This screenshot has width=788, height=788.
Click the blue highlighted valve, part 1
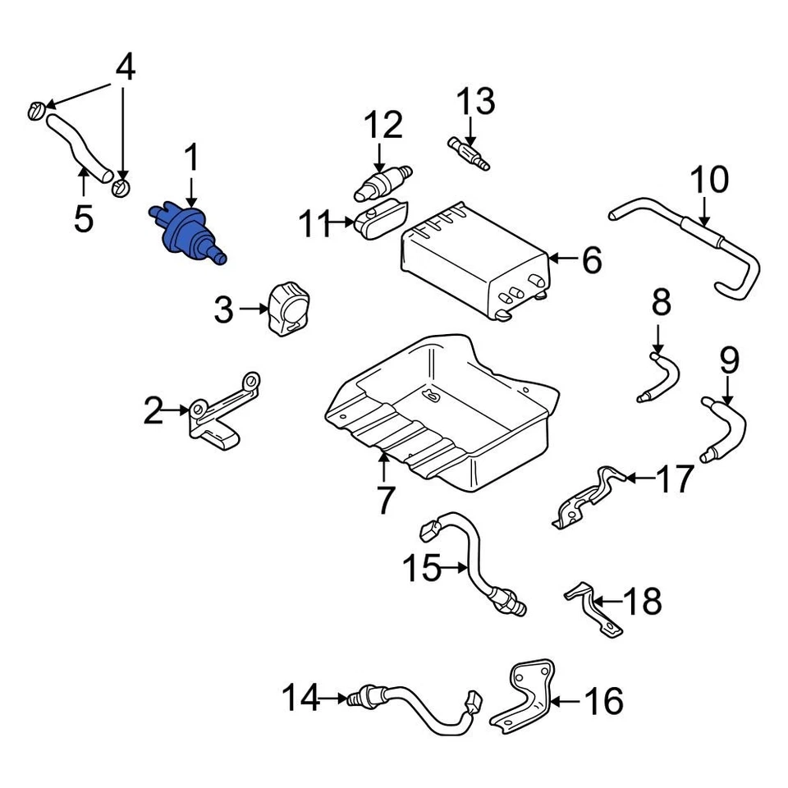coord(184,232)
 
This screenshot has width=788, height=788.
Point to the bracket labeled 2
coord(220,415)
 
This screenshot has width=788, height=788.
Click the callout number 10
coord(709,180)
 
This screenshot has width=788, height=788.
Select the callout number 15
coord(422,567)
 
